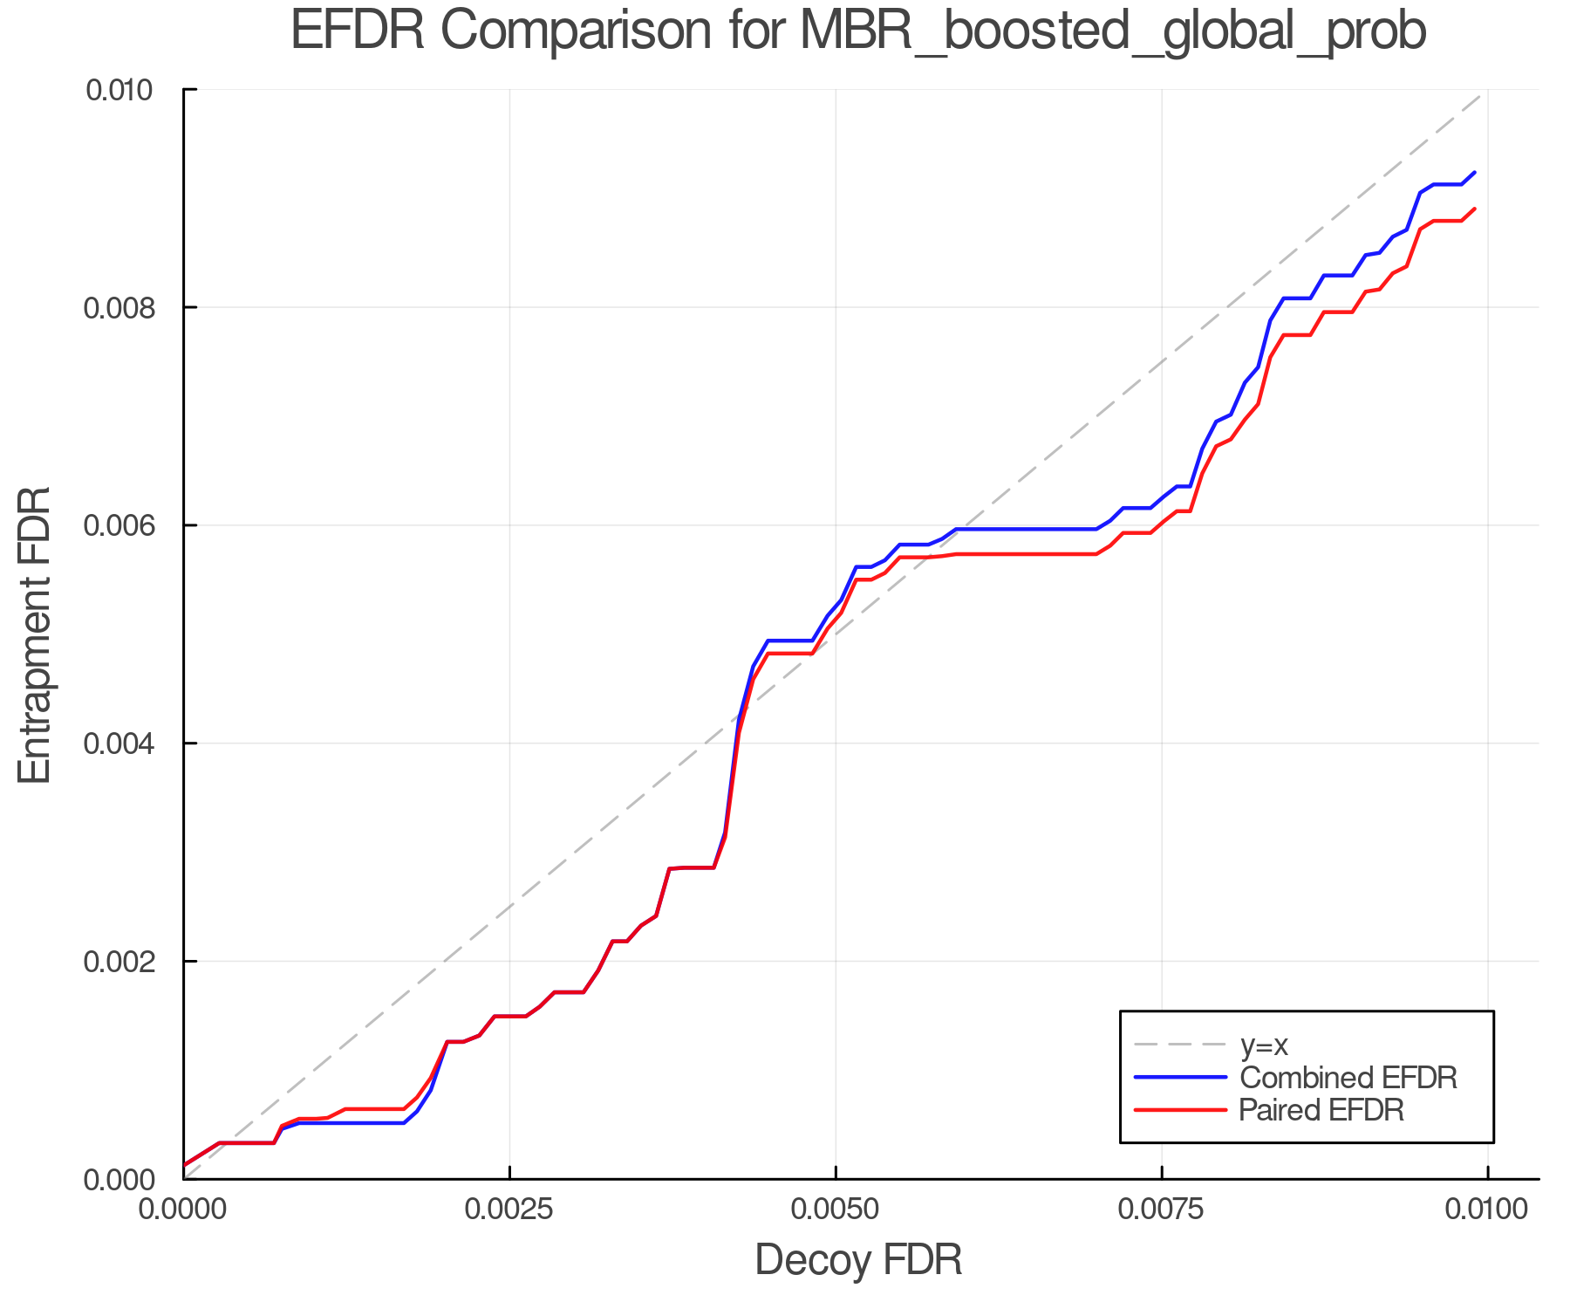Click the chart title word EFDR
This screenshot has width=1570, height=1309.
pos(357,31)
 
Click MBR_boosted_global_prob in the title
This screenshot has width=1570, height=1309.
pos(1112,33)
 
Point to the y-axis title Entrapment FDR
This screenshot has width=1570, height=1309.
pos(36,634)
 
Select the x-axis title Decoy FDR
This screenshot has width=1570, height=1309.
pos(858,1260)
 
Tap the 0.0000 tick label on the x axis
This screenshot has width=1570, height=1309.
pos(184,1210)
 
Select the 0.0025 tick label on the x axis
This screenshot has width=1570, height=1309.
pos(510,1210)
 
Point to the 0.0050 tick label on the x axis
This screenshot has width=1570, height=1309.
pos(836,1210)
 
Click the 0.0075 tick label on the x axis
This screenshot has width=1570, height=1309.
pos(1162,1210)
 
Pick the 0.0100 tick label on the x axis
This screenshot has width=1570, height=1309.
pos(1487,1210)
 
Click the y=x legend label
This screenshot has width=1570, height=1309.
pos(1264,1045)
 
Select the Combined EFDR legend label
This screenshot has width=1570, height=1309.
pos(1348,1078)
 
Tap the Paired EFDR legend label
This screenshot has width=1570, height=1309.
pos(1321,1110)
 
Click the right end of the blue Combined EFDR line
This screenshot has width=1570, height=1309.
pos(1475,173)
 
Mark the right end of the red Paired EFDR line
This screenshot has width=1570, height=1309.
pos(1475,209)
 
